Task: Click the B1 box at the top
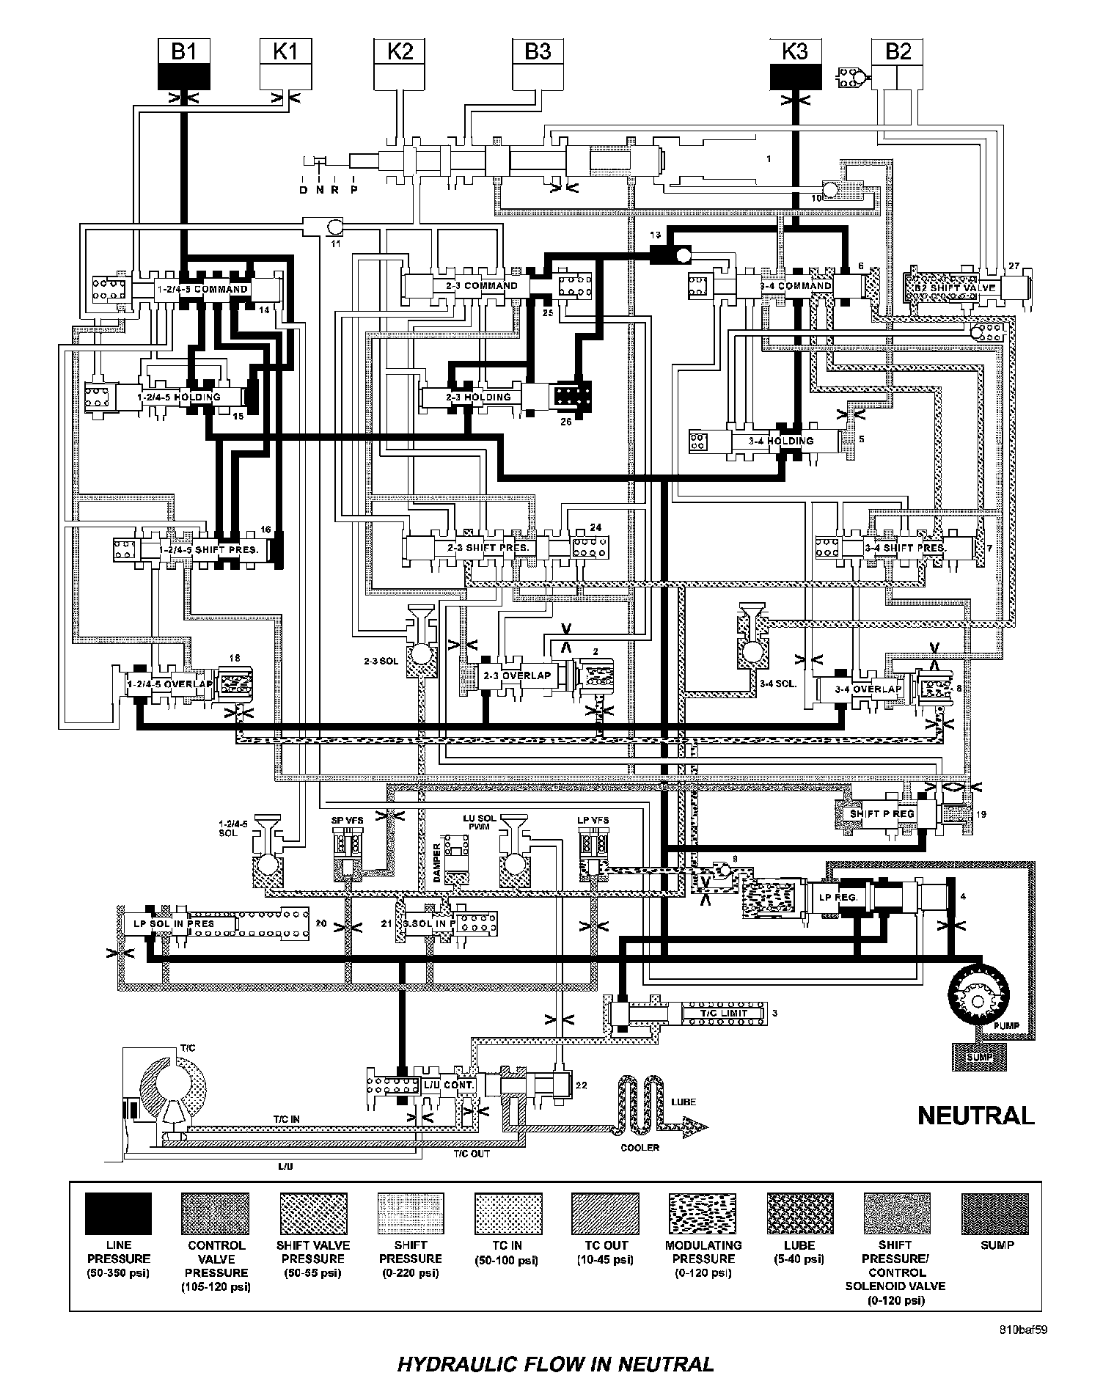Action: (x=184, y=65)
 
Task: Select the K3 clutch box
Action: (x=795, y=65)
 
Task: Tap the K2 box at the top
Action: (x=400, y=65)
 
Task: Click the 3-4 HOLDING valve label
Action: (x=781, y=441)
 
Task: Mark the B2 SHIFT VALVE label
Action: (x=953, y=287)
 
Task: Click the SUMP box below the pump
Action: (x=978, y=1057)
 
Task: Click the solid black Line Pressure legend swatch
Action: (x=118, y=1214)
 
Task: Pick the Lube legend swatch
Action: (x=800, y=1214)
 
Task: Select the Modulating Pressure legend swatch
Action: (x=703, y=1214)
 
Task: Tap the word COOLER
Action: (x=640, y=1147)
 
